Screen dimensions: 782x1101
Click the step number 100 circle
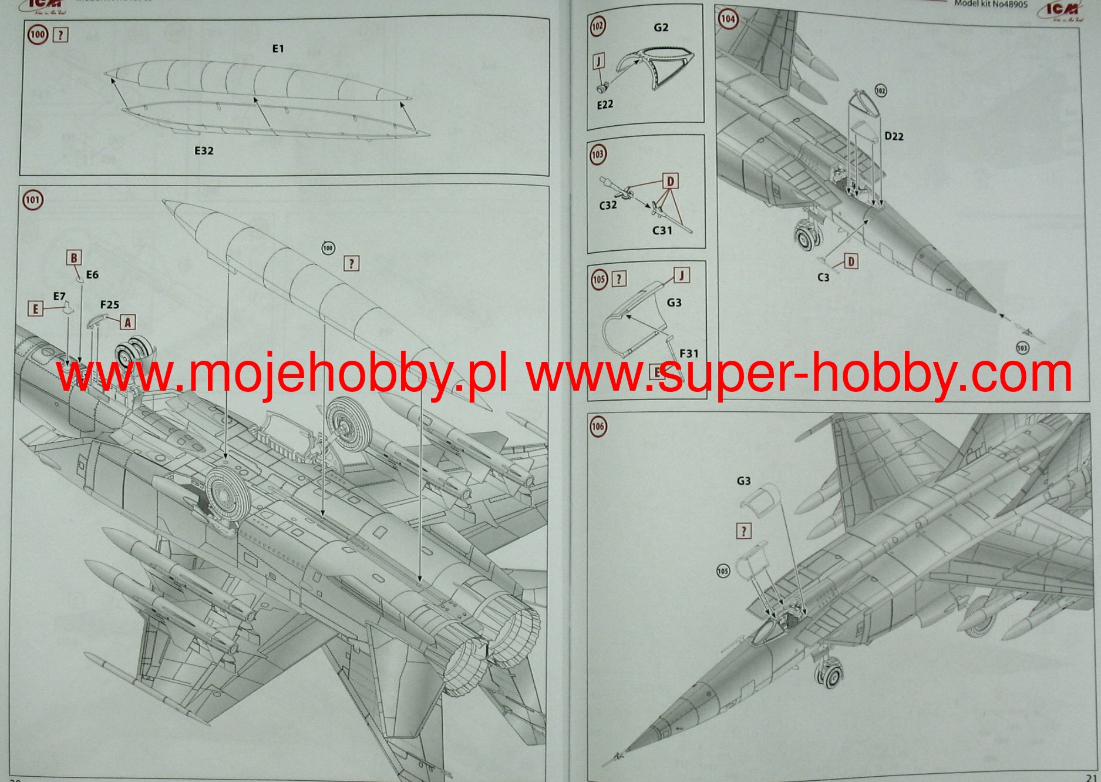(38, 35)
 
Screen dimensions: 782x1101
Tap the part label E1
(278, 49)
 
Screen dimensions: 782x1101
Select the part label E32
(204, 151)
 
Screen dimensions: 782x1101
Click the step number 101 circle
(32, 200)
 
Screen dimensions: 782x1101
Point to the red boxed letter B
(74, 258)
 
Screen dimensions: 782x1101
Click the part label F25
(109, 304)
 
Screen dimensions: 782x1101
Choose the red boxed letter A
(127, 322)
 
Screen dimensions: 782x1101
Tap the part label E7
(59, 296)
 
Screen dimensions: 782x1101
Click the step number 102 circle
(598, 26)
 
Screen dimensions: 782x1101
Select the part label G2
(661, 28)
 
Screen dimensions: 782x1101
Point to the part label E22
(605, 105)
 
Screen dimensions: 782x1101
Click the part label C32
(608, 205)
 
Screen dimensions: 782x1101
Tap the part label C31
(662, 230)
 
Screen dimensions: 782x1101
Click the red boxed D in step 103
(670, 181)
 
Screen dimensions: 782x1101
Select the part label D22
(894, 136)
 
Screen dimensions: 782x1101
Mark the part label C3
(823, 277)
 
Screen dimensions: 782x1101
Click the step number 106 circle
(598, 427)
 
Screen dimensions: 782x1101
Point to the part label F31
(689, 353)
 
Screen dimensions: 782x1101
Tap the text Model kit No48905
(991, 4)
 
